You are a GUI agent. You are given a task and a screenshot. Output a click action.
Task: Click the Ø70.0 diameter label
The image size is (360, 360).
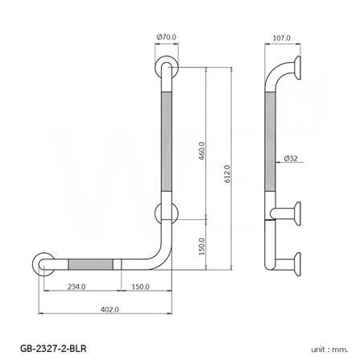168,36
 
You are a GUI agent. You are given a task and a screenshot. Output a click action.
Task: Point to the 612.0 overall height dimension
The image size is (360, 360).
228,172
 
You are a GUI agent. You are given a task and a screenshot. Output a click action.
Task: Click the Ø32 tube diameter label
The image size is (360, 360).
292,159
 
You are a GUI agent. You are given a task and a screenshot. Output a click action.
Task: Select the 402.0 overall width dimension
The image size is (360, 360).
110,309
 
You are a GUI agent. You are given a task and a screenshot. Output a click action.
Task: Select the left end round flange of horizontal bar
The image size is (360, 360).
45,263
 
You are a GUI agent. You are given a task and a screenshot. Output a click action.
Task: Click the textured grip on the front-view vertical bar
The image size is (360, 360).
167,141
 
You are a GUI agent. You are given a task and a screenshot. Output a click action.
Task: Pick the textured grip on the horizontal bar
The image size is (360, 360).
92,263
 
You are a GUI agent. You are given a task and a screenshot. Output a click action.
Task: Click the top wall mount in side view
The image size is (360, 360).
296,69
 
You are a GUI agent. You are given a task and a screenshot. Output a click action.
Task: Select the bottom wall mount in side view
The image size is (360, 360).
296,263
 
